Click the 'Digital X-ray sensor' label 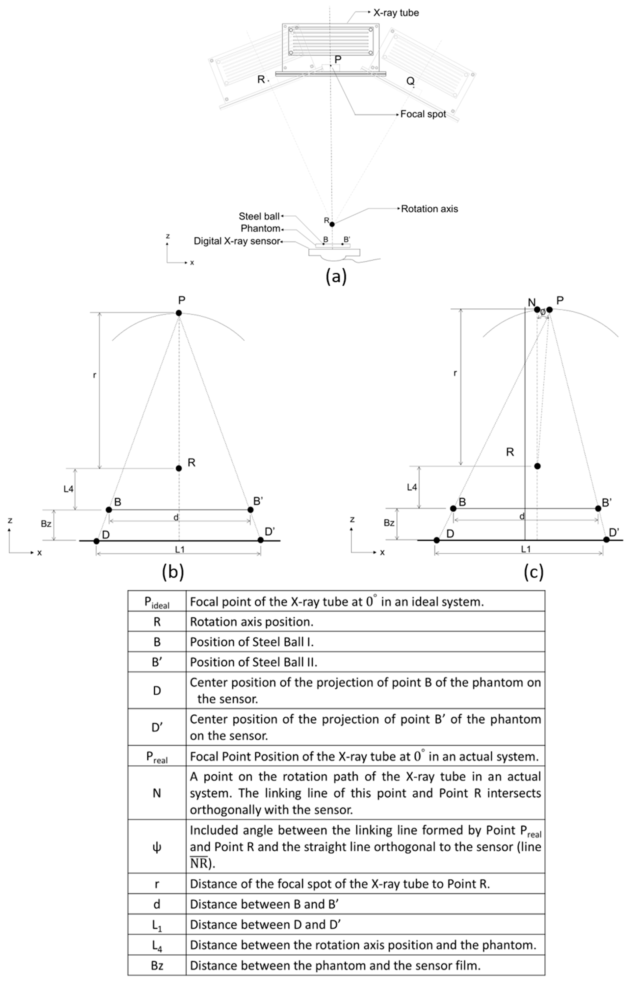237,241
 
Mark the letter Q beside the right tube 410,81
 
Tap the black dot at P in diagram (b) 178,313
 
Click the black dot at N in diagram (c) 537,309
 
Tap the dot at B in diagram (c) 453,508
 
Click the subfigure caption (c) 533,572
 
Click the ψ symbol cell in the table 157,847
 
